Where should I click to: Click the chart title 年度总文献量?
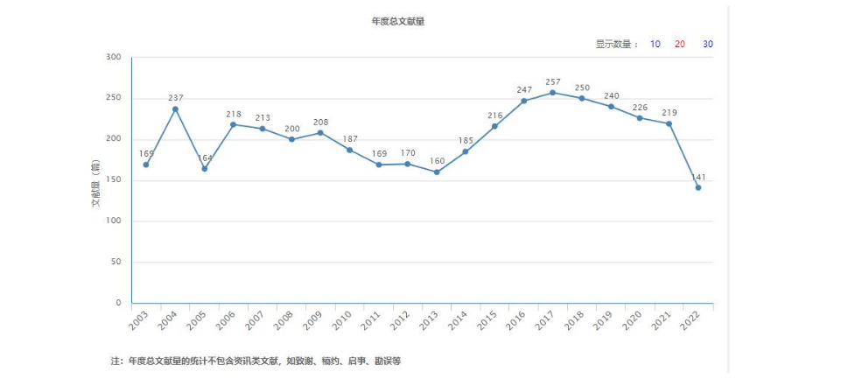[397, 21]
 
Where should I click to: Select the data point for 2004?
[175, 109]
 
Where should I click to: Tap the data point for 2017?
[552, 93]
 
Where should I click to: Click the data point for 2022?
[698, 187]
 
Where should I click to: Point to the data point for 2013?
[436, 172]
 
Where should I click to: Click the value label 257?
[552, 82]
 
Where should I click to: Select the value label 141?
[698, 177]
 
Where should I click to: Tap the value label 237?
[175, 98]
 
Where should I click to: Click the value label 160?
[436, 161]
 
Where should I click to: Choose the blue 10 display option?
[655, 44]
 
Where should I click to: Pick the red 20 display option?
[680, 44]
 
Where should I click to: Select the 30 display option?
[707, 44]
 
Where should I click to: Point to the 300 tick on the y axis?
[113, 57]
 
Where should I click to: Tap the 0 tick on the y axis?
[118, 303]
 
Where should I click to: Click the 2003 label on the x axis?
[138, 320]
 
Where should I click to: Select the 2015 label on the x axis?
[487, 320]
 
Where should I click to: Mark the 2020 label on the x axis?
[632, 320]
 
